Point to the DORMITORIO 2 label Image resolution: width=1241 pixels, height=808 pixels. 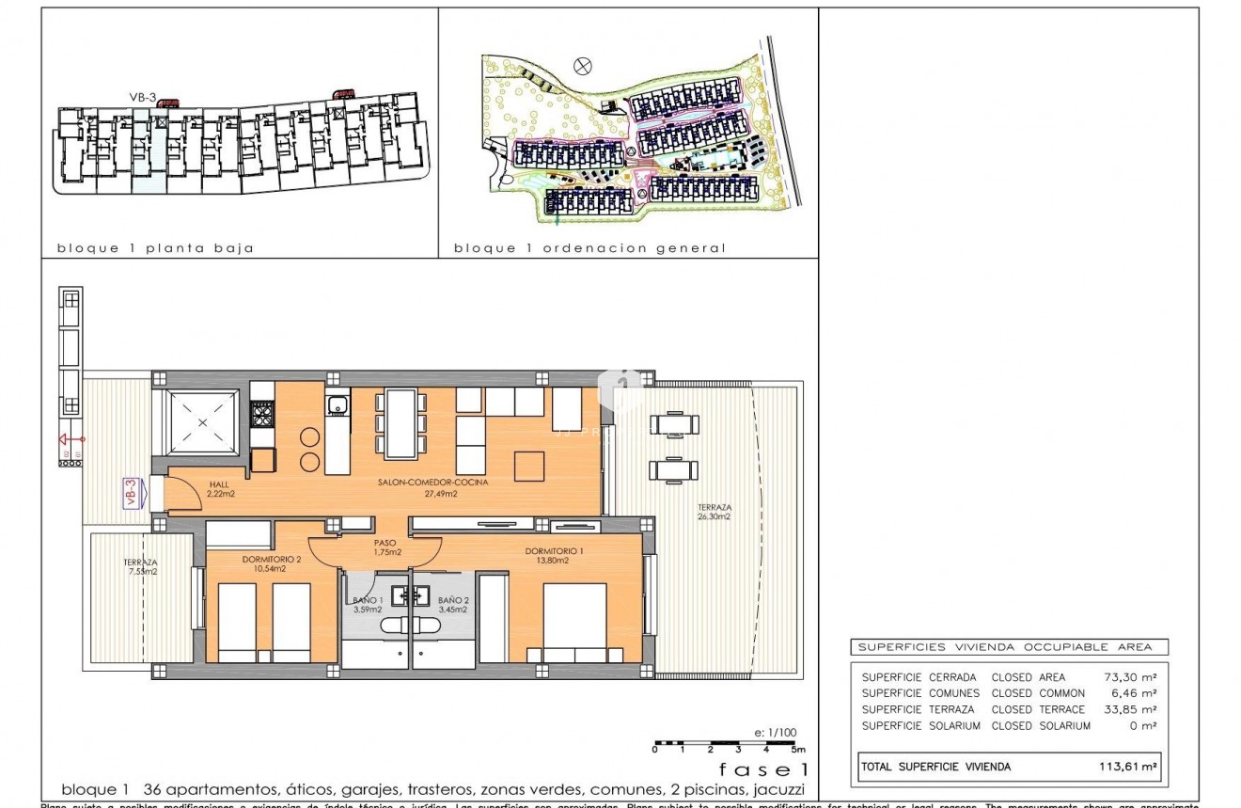(271, 560)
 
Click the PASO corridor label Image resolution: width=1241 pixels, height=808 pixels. (385, 543)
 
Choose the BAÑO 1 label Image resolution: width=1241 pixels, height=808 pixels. (367, 599)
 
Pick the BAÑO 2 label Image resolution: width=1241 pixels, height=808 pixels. (452, 599)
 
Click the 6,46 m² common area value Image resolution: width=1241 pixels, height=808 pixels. (1134, 693)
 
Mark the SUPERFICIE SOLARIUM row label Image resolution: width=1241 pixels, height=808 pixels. (920, 726)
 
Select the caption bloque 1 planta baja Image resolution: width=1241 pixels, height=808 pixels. (156, 248)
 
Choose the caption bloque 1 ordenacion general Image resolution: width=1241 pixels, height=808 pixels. (589, 248)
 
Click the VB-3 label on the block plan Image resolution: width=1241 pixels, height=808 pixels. (142, 96)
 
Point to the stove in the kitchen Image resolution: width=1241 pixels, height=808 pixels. (261, 412)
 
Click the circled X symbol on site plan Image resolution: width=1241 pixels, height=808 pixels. (584, 65)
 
